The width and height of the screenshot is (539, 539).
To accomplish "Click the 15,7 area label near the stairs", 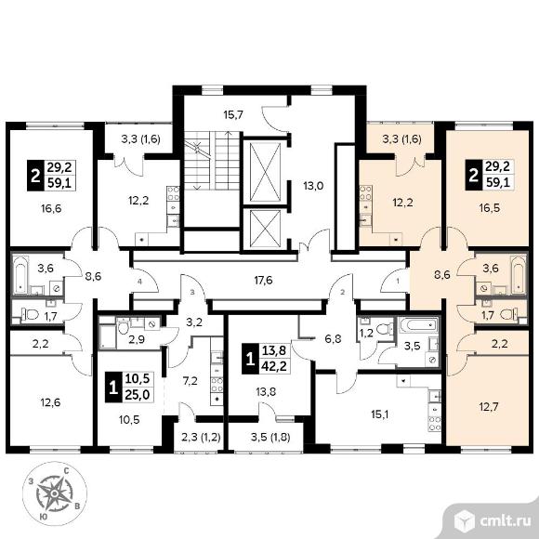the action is [x=233, y=114].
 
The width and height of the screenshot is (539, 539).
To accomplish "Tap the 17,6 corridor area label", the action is [x=263, y=281].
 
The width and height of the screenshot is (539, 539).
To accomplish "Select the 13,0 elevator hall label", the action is [x=313, y=186].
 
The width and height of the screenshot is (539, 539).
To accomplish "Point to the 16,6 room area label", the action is [x=51, y=208].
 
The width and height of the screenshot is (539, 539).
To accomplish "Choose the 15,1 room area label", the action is [x=379, y=414].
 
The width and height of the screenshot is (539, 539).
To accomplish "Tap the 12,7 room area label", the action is [x=488, y=407].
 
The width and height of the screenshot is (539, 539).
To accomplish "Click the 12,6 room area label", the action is [x=51, y=401].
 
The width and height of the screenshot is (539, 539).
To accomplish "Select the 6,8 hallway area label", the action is [x=333, y=339].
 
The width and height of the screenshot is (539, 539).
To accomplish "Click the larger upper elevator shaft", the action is [x=266, y=172].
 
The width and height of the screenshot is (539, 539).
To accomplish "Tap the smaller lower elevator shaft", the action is [x=266, y=229].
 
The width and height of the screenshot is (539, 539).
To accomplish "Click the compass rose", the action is [x=54, y=493].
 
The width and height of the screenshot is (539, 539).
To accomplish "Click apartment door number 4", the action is [x=139, y=282].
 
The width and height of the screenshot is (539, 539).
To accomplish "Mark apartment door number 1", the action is [x=398, y=282].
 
